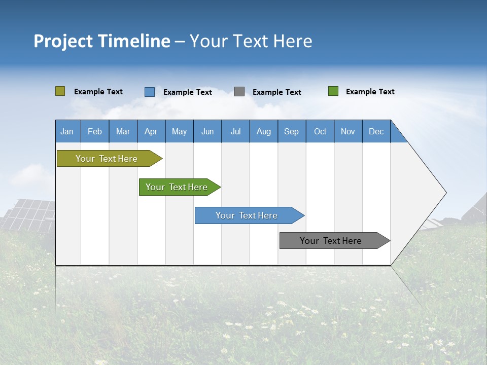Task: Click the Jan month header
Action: point(67,131)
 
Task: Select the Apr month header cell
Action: point(151,131)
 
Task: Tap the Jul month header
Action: point(235,131)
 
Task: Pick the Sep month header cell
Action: point(292,131)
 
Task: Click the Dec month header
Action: point(376,131)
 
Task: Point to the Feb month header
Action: point(95,131)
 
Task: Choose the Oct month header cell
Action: point(320,131)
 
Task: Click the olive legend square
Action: point(60,91)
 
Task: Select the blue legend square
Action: point(150,92)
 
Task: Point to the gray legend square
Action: point(239,92)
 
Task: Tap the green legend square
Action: point(333,91)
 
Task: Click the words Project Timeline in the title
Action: point(102,41)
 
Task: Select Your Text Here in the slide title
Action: point(251,41)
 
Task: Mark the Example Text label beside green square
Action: point(370,92)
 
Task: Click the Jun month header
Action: point(207,131)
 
